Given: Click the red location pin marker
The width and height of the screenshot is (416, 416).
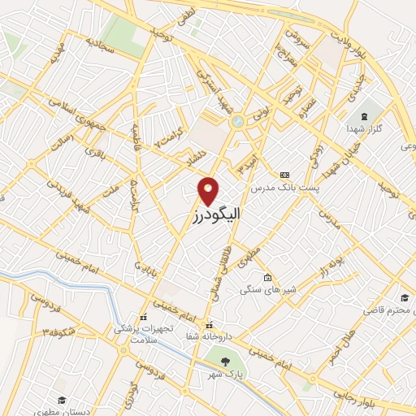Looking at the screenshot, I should [209, 192].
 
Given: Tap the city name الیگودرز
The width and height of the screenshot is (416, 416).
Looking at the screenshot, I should [209, 219].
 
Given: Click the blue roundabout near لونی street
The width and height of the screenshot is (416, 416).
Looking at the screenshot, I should [237, 122].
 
